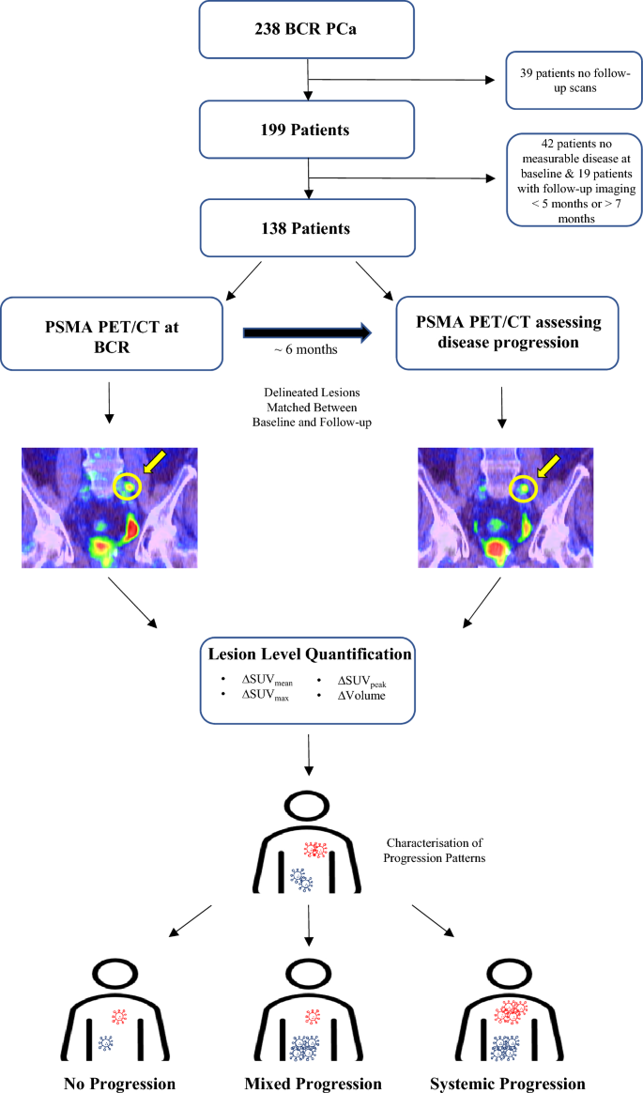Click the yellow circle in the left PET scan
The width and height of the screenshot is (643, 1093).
128,486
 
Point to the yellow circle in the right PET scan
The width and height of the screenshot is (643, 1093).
524,488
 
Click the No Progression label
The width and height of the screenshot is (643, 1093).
118,1084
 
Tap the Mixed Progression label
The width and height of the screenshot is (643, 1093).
314,1084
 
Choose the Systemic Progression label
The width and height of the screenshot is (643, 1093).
507,1084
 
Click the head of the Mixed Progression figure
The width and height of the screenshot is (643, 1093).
313,977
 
